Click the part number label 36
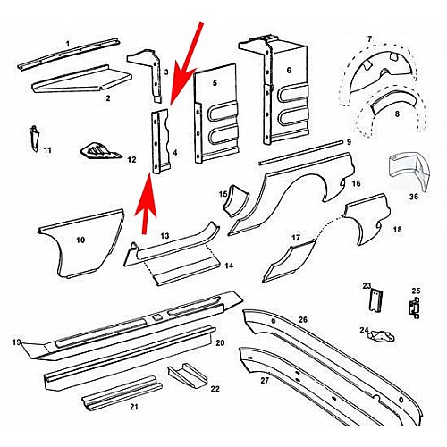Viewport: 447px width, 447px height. click(x=414, y=197)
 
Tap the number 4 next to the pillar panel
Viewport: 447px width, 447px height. click(x=175, y=153)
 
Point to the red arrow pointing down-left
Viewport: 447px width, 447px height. click(x=186, y=64)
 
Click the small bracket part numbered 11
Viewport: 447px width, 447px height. click(x=34, y=139)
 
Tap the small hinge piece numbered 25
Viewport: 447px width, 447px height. click(x=415, y=308)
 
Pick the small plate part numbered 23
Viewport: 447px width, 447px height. click(x=375, y=300)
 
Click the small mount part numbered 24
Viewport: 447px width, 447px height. click(x=380, y=336)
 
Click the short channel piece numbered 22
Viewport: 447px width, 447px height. click(x=188, y=376)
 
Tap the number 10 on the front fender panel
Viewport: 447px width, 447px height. click(x=80, y=240)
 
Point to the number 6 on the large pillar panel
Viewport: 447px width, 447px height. click(x=289, y=71)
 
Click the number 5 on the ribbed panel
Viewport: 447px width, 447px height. click(x=215, y=83)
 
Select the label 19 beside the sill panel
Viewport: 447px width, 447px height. click(x=17, y=342)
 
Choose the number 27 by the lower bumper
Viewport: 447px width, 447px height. click(x=265, y=381)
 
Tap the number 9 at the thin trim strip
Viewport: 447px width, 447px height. click(x=349, y=142)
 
